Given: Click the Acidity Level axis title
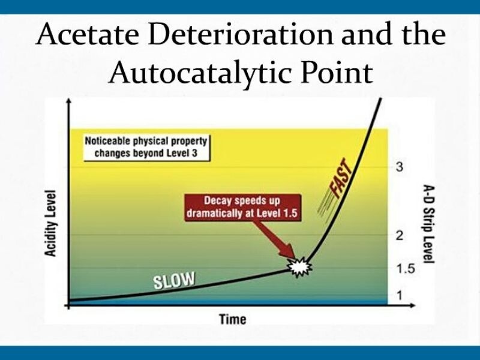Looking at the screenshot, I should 51,224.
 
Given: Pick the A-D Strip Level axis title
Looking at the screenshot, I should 428,223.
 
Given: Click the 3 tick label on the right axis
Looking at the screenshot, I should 400,166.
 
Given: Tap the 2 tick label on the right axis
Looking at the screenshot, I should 400,235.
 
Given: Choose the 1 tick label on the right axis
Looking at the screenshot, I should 400,294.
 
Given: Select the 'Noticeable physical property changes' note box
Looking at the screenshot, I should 146,148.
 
